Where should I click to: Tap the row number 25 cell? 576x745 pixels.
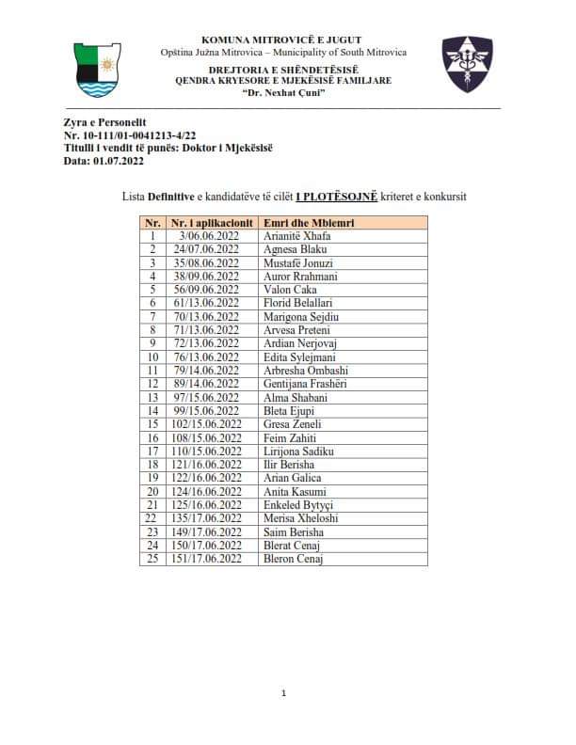(x=151, y=559)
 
